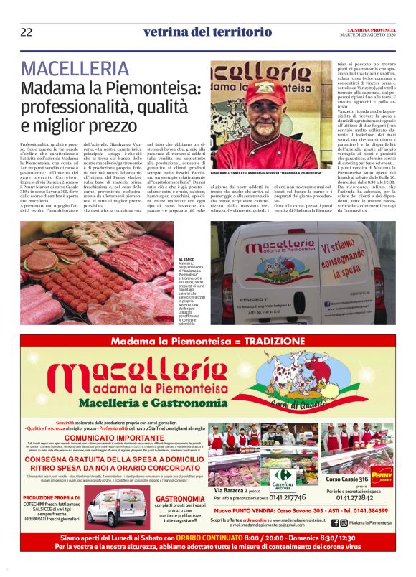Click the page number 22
tap(26, 32)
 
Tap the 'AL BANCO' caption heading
tap(170, 258)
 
